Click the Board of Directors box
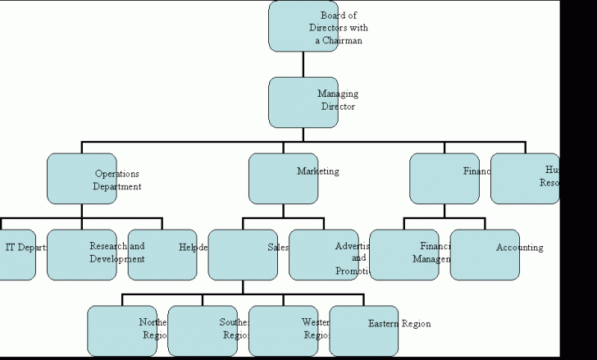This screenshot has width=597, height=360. pos(303,26)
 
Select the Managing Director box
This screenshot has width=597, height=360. pos(303,102)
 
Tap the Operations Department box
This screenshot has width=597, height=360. pos(81,179)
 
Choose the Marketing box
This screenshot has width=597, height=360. pos(283,179)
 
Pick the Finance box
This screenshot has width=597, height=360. pos(444,179)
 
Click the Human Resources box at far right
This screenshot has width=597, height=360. pos(525,179)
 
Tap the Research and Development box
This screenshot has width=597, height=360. pos(81,254)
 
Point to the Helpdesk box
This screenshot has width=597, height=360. pos(162,254)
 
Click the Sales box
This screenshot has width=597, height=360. pos(243,254)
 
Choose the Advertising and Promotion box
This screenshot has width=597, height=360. pos(323,254)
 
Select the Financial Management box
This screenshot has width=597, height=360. pos(404,254)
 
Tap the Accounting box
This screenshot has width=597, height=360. pos(485,254)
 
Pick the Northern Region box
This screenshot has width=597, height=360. pos(122,330)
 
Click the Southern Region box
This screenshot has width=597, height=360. pos(203,330)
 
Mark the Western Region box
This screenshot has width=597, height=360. pos(283,330)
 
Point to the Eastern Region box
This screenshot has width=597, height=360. pos(363,330)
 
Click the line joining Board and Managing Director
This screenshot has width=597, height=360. pos(303,64)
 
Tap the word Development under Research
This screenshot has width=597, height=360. pos(117,259)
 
